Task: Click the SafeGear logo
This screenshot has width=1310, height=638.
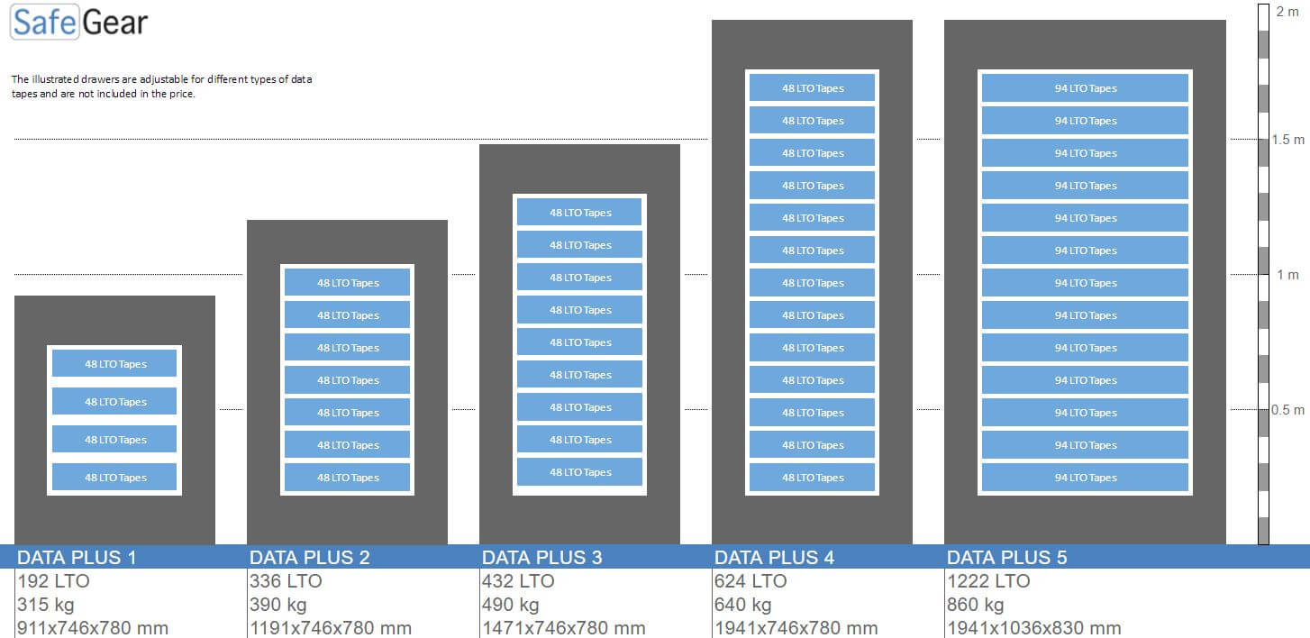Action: click(x=79, y=23)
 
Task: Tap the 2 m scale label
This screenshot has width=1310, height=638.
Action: click(x=1287, y=11)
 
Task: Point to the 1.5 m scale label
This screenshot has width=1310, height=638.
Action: click(x=1287, y=140)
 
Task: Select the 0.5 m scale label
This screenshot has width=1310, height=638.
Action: click(x=1287, y=410)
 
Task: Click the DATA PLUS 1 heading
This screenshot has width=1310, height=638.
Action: click(x=77, y=557)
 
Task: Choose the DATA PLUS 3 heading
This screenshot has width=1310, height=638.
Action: click(x=541, y=557)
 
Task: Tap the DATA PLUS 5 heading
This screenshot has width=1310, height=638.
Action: click(x=1006, y=557)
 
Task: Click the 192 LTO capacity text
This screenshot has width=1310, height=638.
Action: click(x=54, y=581)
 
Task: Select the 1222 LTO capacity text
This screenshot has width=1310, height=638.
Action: click(x=988, y=581)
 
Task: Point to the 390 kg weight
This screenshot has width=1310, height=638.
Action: click(x=278, y=605)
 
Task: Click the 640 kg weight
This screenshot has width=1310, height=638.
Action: click(x=743, y=605)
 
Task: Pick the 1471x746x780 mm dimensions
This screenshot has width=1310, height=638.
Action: click(x=563, y=628)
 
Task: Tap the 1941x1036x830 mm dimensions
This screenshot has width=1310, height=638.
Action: click(x=1033, y=628)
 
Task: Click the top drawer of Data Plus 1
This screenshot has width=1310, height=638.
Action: click(x=114, y=364)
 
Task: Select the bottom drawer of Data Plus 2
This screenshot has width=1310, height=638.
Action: click(x=348, y=478)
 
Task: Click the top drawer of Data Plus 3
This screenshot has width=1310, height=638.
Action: click(x=579, y=213)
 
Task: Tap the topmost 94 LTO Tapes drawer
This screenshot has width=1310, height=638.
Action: click(x=1085, y=88)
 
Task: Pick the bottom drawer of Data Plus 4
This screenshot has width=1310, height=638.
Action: click(x=812, y=478)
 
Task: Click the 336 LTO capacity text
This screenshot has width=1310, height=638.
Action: click(x=286, y=581)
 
